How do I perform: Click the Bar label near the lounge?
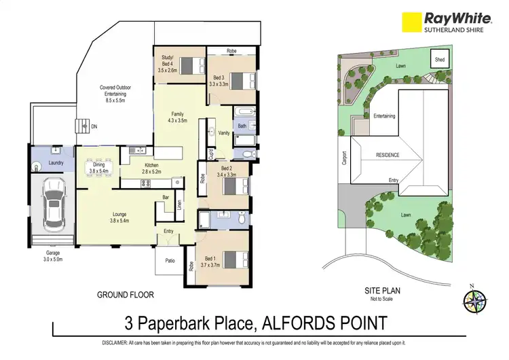[x=164, y=198]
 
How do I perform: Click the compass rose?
[x=474, y=299]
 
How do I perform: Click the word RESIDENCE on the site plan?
[x=388, y=155]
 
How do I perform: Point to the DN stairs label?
[x=94, y=126]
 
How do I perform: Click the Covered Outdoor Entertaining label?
[x=115, y=91]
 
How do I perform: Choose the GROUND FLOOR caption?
[x=126, y=295]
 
